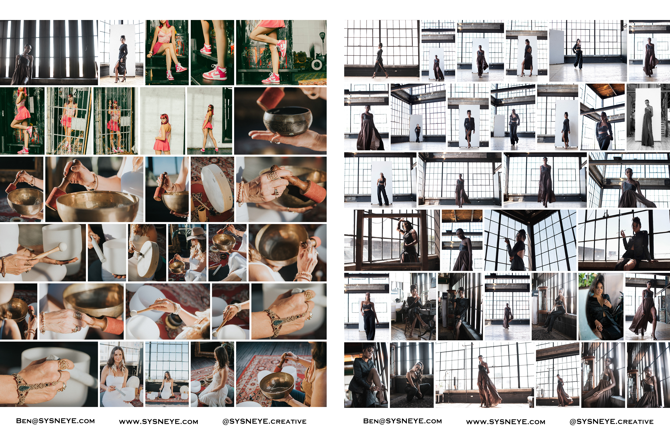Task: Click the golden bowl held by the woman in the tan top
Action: click(277, 385)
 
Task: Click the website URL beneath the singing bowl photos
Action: click(158, 421)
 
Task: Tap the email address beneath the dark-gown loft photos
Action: click(402, 421)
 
